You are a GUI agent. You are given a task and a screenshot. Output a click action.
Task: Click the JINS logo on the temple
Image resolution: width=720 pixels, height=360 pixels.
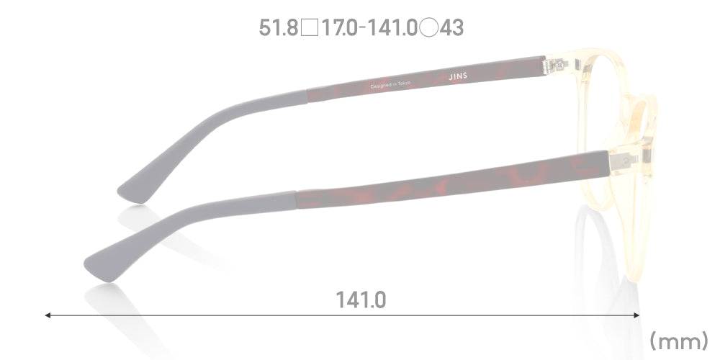point(458,76)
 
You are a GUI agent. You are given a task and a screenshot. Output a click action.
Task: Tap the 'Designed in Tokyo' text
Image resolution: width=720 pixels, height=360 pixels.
point(390,85)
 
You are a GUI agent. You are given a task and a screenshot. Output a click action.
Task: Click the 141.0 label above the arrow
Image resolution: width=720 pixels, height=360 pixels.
point(361,300)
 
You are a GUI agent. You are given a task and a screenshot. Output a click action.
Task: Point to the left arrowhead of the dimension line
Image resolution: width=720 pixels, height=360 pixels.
point(48,315)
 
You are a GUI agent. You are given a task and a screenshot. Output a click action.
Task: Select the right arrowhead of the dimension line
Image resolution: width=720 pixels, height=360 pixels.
point(636,315)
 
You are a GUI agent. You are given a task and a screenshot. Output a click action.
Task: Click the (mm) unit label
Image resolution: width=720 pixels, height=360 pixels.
point(679,341)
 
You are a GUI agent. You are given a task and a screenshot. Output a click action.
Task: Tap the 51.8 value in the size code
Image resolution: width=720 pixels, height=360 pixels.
point(279,27)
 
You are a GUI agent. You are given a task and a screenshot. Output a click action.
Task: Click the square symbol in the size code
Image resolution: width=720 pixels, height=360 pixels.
point(310,28)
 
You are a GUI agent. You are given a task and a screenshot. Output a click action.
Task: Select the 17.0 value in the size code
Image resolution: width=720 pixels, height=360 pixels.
point(339,27)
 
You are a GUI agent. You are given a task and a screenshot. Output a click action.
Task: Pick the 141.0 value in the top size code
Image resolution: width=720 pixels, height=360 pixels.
point(393,27)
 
